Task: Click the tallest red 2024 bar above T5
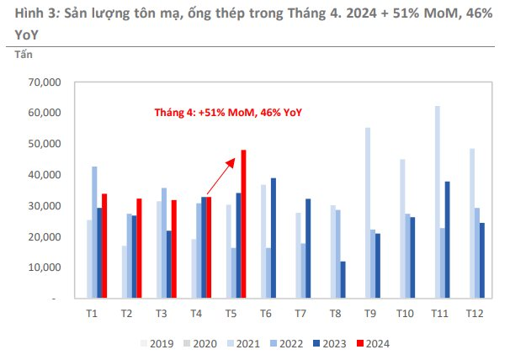pos(243,224)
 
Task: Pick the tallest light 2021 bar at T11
pos(438,202)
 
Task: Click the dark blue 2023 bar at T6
pos(273,238)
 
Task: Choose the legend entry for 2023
pos(332,342)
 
